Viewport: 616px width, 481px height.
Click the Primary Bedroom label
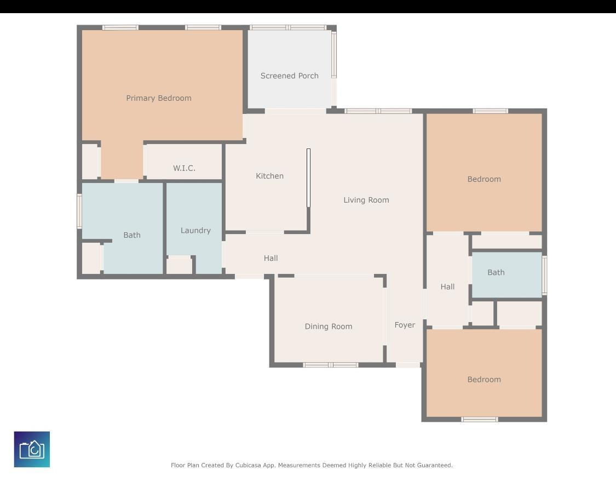(159, 98)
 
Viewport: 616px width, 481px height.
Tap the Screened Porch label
(290, 76)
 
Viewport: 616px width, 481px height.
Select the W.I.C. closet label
(184, 168)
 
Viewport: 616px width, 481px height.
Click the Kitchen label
(269, 176)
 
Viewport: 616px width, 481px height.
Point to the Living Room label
(366, 200)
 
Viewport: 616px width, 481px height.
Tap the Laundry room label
(195, 231)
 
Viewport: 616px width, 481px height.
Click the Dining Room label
(329, 327)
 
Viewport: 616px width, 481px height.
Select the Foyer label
(405, 325)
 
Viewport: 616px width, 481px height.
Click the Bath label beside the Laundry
(132, 235)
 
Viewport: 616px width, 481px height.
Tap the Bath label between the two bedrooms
(496, 272)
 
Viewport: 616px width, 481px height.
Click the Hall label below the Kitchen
(270, 258)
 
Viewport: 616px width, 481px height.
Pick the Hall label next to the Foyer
(447, 287)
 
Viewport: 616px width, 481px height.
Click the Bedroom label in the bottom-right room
(484, 380)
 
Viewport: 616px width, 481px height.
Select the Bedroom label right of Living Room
(484, 179)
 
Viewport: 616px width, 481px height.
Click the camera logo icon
(32, 449)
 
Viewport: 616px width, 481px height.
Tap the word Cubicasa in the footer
(249, 465)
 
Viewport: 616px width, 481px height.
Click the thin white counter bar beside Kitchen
(308, 177)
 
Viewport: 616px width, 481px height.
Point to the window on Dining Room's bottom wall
(331, 365)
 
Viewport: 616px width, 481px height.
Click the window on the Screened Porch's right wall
(334, 54)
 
